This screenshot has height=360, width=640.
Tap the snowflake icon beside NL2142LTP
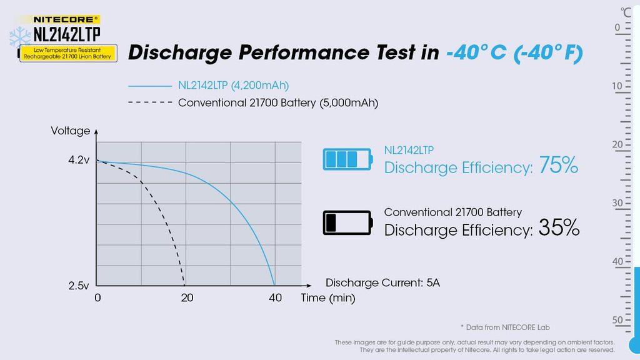(x=20, y=36)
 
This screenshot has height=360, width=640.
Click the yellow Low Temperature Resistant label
(x=68, y=53)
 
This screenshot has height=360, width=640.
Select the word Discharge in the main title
(x=179, y=53)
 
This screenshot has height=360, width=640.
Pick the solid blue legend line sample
(x=149, y=86)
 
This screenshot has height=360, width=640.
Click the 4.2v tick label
(x=79, y=160)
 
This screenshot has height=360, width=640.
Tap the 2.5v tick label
(x=79, y=286)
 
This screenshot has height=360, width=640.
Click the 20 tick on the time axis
(x=187, y=298)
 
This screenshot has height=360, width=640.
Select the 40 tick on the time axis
(x=275, y=298)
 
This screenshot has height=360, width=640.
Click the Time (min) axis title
(x=327, y=298)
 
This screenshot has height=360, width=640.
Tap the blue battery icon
(x=347, y=159)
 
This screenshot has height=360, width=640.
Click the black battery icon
(x=347, y=222)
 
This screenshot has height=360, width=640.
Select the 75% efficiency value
(x=556, y=166)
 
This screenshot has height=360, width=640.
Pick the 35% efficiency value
(x=559, y=229)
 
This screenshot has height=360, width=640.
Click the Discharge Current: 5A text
(x=382, y=282)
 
